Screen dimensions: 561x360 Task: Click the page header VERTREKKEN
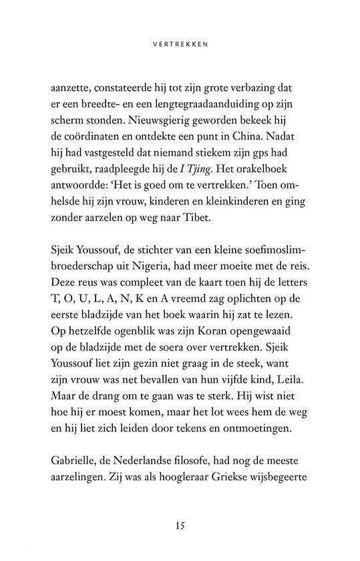(180, 47)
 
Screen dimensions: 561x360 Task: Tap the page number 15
(180, 524)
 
